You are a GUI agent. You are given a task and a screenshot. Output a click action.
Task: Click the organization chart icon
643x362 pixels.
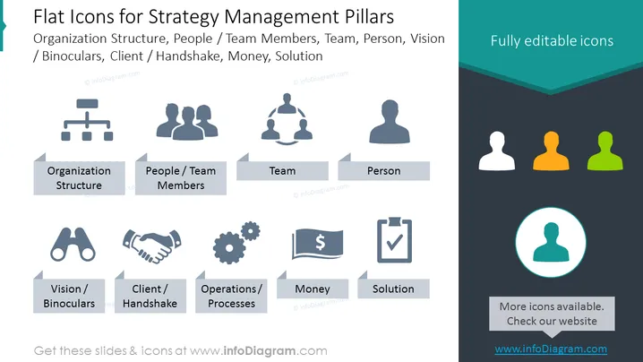click(87, 120)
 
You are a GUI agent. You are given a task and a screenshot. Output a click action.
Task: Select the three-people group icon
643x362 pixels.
click(187, 122)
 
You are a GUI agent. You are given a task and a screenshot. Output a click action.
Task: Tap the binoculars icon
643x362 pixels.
click(73, 245)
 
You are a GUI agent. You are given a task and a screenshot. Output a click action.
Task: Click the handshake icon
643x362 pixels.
click(151, 246)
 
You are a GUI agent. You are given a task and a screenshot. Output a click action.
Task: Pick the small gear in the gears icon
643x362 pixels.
click(250, 231)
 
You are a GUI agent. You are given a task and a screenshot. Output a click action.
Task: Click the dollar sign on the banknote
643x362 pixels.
click(321, 243)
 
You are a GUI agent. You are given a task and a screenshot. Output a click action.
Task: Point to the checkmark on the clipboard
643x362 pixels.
click(395, 242)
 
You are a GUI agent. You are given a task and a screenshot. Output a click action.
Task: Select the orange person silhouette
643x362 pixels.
click(551, 151)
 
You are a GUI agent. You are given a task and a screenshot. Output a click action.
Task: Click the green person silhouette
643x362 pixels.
click(604, 151)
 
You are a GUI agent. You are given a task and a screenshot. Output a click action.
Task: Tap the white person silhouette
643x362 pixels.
click(497, 151)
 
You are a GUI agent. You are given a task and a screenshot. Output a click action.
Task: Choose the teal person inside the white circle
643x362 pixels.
click(551, 242)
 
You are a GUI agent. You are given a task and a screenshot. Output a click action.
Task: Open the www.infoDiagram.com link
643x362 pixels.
click(551, 349)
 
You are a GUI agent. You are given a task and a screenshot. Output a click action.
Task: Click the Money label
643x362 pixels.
click(313, 289)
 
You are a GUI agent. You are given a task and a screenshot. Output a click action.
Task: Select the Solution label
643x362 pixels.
click(393, 289)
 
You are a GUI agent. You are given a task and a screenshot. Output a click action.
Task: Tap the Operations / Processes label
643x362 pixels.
click(231, 296)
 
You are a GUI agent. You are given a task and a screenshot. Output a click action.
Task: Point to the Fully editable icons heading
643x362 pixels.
click(552, 40)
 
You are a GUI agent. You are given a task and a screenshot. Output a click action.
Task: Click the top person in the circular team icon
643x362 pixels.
click(287, 103)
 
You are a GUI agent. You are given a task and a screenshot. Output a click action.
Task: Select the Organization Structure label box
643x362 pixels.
click(79, 177)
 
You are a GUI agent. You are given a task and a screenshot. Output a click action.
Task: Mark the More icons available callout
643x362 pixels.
click(552, 314)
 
